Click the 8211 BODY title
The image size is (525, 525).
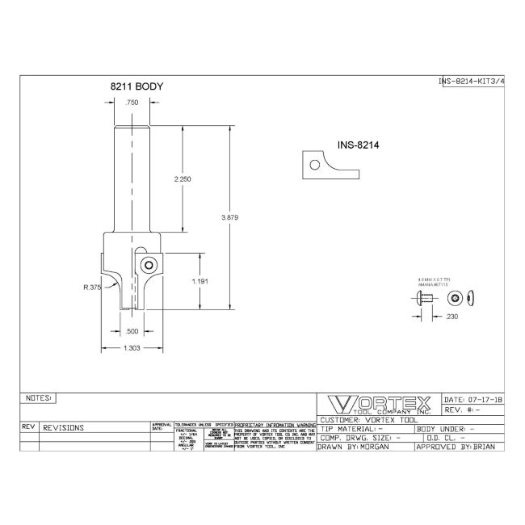pos(137,85)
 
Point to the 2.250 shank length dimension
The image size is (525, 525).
pos(182,179)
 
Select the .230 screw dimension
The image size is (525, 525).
pos(452,317)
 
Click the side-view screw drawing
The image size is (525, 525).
pos(422,299)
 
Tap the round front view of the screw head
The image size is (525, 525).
pos(456,298)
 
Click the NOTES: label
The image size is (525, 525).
pos(39,398)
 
